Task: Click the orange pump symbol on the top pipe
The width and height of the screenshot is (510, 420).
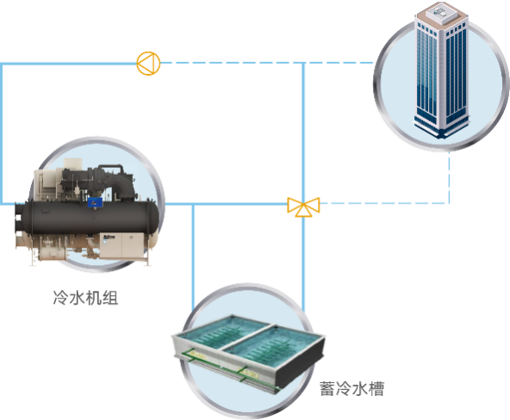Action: click(148, 64)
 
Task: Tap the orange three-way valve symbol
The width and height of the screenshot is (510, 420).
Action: click(303, 207)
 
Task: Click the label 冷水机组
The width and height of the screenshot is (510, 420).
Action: click(85, 298)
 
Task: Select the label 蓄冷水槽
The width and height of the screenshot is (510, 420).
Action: click(351, 388)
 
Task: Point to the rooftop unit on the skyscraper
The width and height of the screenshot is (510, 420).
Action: click(441, 12)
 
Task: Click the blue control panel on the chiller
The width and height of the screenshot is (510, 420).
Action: click(95, 203)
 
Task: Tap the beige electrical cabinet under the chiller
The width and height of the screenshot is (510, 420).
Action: click(121, 245)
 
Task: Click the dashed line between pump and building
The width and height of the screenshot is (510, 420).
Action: click(267, 63)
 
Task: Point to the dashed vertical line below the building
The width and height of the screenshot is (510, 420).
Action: click(449, 177)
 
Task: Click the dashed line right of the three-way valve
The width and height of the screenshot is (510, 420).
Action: click(384, 203)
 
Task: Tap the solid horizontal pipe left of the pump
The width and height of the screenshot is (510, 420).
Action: click(68, 64)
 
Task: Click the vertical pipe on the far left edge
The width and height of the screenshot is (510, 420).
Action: click(2, 133)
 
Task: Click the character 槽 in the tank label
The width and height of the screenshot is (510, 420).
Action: click(376, 388)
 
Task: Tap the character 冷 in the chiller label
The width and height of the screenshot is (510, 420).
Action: click(61, 298)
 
